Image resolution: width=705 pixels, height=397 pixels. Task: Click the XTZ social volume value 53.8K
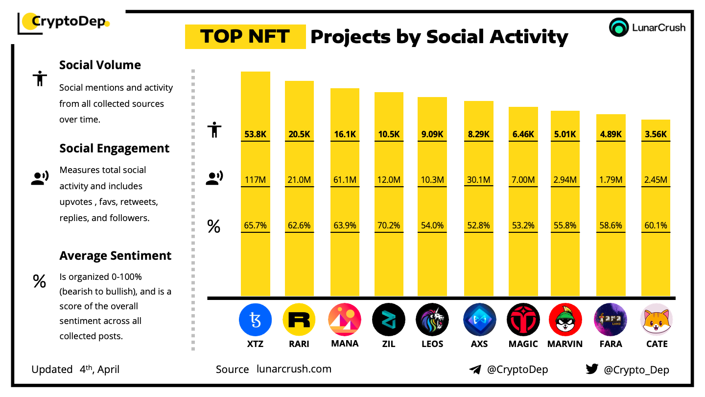point(255,134)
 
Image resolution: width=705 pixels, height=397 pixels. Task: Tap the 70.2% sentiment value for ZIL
point(389,225)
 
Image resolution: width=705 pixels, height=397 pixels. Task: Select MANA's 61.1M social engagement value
point(345,180)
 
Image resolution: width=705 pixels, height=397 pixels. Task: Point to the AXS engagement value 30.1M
point(478,180)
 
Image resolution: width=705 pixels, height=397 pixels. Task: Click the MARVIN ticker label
point(565,344)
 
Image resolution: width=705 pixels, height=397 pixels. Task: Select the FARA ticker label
point(611,344)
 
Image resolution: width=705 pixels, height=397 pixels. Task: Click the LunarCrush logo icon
point(619,27)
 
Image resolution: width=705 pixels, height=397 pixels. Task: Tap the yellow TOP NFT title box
point(245,37)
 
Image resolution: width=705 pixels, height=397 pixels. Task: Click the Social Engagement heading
point(114,149)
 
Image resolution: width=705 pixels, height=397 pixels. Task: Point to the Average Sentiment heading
point(115,256)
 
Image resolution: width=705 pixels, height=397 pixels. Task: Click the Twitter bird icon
point(592,370)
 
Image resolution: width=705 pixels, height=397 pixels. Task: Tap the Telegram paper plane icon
point(475,370)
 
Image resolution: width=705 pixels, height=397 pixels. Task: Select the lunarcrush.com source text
point(294,369)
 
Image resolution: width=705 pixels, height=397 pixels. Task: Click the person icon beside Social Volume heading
point(39,78)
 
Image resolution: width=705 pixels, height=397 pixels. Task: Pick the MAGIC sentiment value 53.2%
point(523,225)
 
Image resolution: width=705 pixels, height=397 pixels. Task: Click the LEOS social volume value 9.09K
point(432,134)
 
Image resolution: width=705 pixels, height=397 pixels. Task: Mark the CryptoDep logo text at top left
point(69,22)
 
